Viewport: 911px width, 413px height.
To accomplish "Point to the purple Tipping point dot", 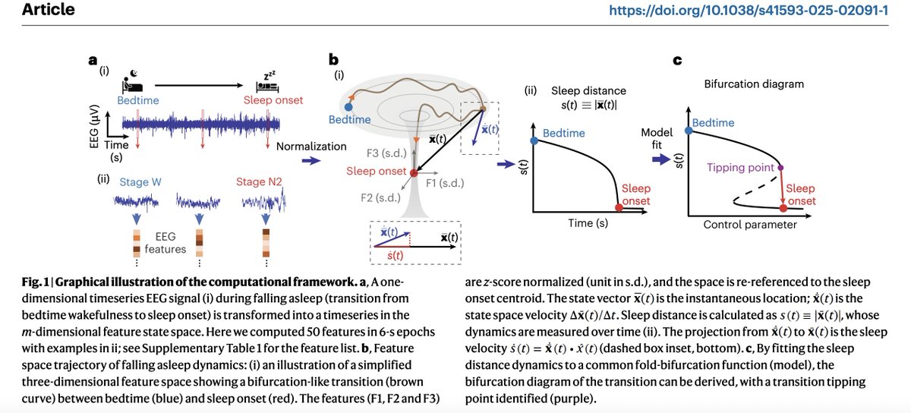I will coord(781,167).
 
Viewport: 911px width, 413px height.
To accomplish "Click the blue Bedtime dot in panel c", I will coord(689,130).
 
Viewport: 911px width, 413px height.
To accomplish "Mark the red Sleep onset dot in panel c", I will coord(782,206).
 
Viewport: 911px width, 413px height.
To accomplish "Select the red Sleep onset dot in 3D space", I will coord(413,173).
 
